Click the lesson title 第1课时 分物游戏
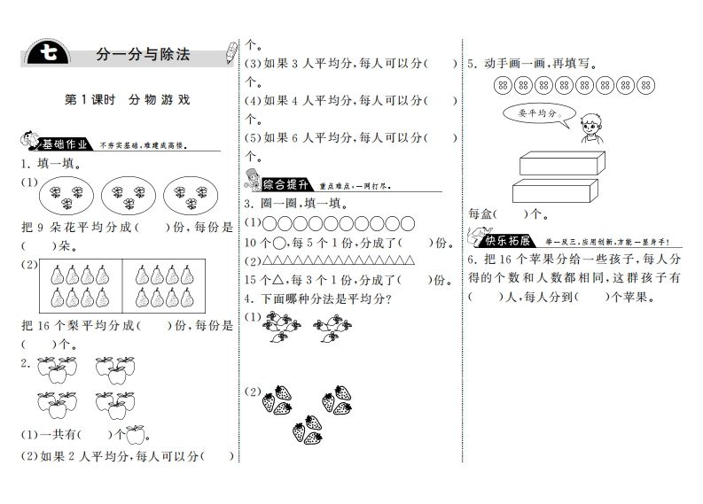click(128, 100)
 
